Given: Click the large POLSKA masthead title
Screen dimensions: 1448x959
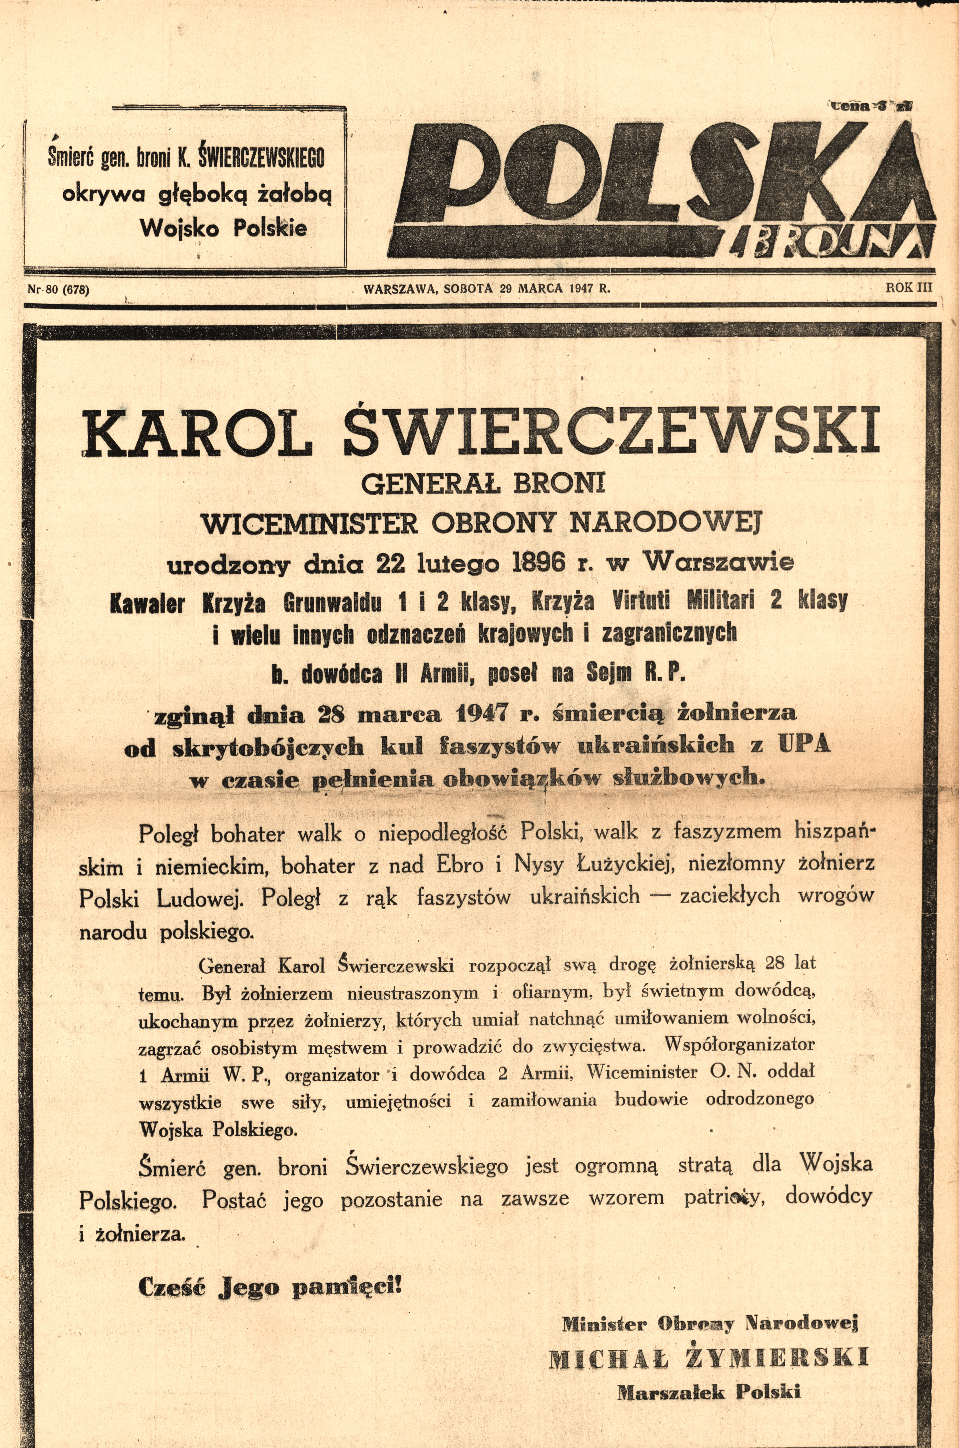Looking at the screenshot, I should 661,177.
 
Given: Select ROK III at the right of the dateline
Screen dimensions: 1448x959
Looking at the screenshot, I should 910,287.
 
